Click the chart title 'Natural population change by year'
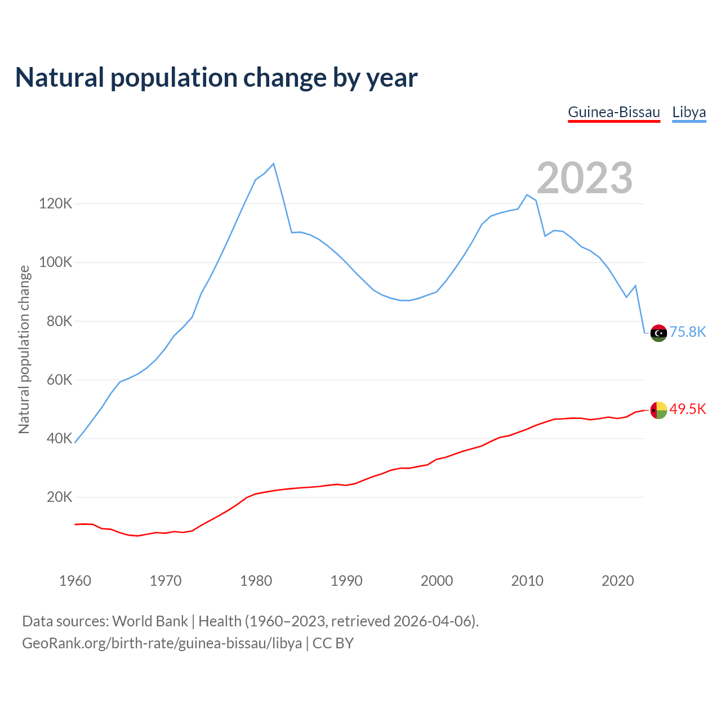pos(216,78)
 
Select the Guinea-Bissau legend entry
pos(613,112)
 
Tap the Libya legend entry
pos(689,112)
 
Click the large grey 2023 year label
pos(584,178)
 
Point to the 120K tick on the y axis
pos(56,204)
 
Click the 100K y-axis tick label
pos(56,262)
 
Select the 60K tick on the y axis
pos(59,380)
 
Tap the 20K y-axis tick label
pos(59,497)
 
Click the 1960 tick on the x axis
pos(75,581)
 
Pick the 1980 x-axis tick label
pos(256,581)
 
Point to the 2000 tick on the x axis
pos(437,581)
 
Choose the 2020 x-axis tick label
pos(617,581)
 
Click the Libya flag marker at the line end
pos(658,333)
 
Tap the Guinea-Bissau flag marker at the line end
pos(658,410)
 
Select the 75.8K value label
pos(687,332)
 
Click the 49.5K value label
pos(687,410)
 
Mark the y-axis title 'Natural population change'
pos(24,350)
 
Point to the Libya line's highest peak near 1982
pos(273,164)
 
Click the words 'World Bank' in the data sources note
pos(150,621)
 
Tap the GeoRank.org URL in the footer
pos(162,643)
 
